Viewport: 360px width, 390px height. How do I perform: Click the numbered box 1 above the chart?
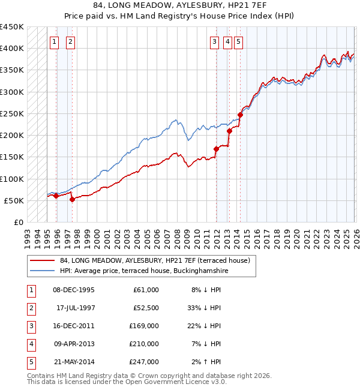click(55, 41)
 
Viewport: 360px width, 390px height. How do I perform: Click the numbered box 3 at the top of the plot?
click(214, 41)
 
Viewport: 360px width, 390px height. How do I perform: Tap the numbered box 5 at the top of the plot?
click(239, 41)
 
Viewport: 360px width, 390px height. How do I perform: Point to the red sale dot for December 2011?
click(216, 149)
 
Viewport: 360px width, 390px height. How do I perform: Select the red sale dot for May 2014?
click(240, 115)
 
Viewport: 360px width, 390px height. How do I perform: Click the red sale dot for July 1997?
click(72, 199)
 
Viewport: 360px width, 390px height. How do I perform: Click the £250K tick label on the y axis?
click(11, 113)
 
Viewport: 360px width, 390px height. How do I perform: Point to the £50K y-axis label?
click(14, 200)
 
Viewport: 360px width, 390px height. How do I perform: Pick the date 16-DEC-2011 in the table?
click(73, 326)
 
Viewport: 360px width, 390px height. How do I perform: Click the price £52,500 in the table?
click(146, 308)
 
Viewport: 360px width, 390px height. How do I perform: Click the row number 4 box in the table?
click(31, 344)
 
